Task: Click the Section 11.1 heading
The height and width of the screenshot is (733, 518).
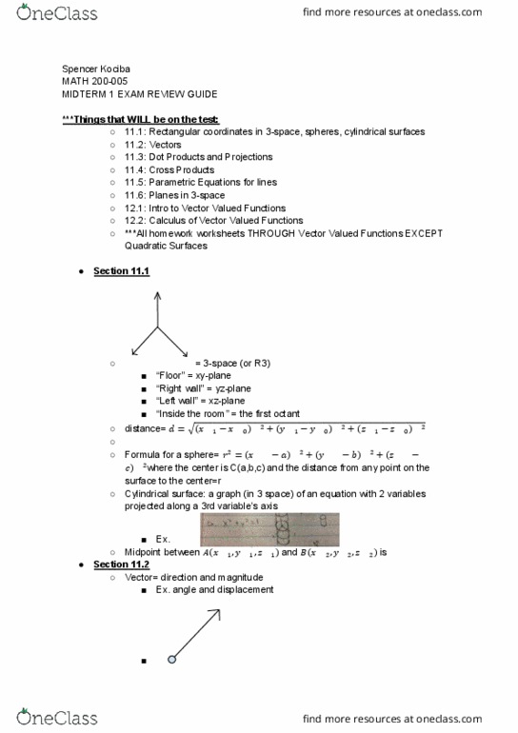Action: pyautogui.click(x=120, y=271)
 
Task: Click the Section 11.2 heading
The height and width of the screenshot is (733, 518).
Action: pyautogui.click(x=120, y=565)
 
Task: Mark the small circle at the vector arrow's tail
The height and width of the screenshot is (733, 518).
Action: pyautogui.click(x=171, y=659)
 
